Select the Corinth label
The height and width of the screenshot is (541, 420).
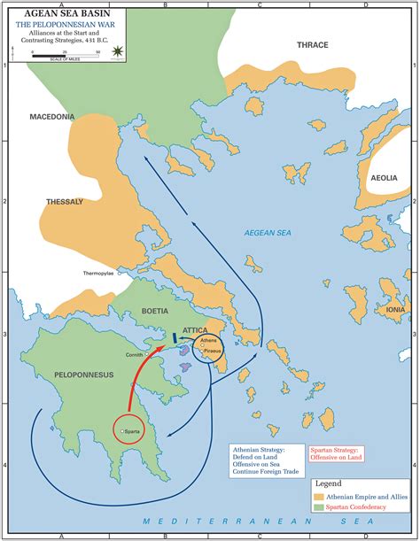pos(134,353)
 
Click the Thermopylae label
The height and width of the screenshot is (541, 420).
pos(100,273)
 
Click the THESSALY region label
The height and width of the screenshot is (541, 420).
pos(65,202)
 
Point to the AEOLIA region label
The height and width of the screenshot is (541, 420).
pos(383,178)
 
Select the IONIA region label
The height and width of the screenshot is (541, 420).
pos(395,310)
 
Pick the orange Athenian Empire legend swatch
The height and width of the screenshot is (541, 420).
pos(320,498)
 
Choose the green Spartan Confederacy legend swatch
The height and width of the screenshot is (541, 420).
pos(320,509)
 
